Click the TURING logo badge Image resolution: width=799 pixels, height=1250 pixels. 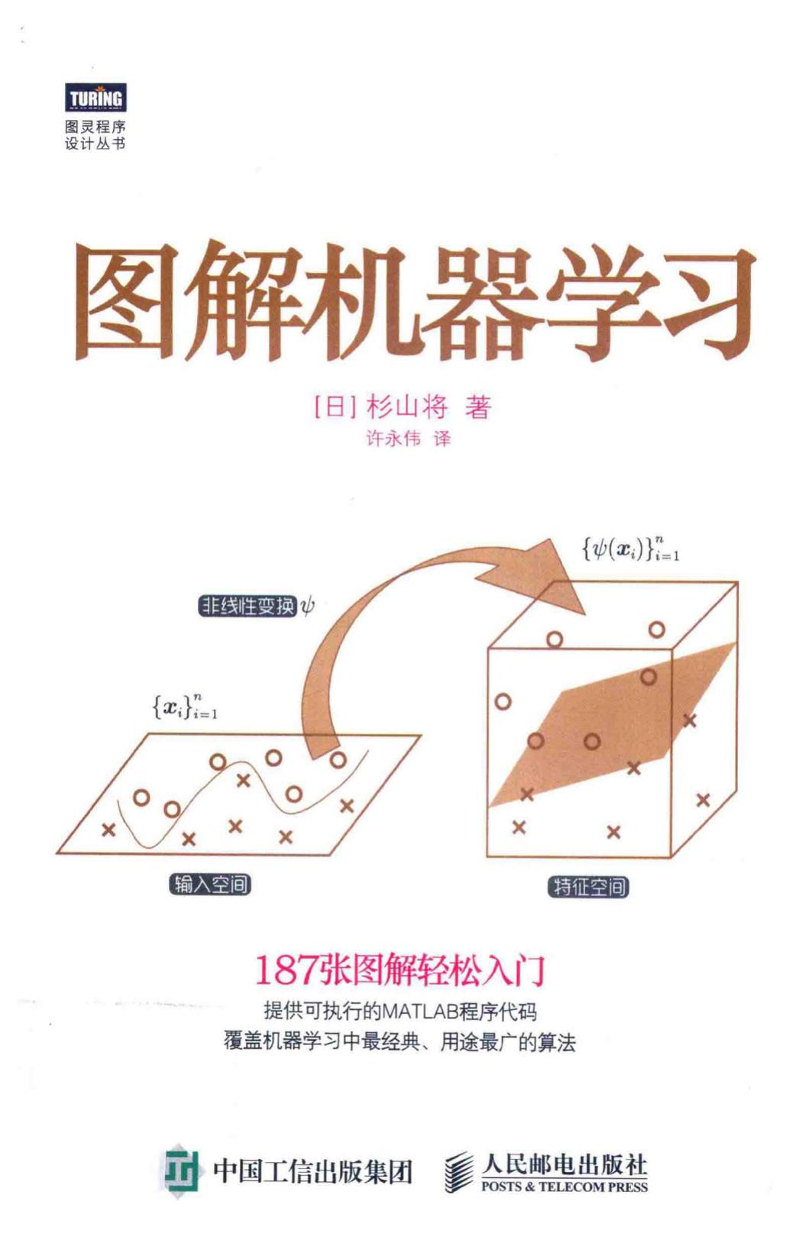[x=95, y=98]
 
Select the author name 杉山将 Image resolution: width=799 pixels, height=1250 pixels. [x=407, y=406]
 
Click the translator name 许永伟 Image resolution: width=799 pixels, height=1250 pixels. [x=393, y=439]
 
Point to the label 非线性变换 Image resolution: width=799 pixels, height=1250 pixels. [x=247, y=606]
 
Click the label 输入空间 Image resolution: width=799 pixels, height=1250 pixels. [x=210, y=885]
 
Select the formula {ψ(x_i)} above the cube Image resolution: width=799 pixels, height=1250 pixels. [x=630, y=549]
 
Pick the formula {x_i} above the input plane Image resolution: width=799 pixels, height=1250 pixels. [x=184, y=708]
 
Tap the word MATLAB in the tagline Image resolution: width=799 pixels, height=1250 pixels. [x=419, y=1011]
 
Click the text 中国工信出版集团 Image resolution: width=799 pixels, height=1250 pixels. [x=313, y=1170]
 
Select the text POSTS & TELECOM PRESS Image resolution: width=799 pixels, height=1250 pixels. [x=564, y=1187]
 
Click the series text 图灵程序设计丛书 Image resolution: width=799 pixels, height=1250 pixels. [x=95, y=135]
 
